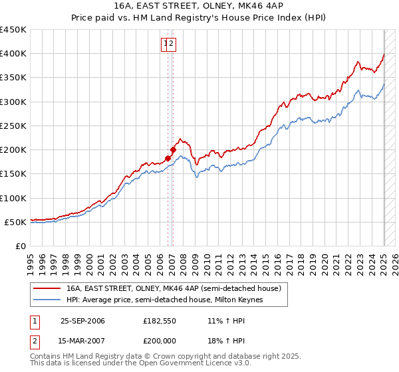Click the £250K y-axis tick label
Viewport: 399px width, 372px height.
(13, 126)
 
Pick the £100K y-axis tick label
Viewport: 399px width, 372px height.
(13, 198)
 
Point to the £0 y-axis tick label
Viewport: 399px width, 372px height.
(20, 246)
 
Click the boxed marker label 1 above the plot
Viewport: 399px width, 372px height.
(165, 45)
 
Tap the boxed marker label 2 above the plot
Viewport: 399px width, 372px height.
(172, 45)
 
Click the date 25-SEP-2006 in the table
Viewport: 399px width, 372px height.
(82, 321)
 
